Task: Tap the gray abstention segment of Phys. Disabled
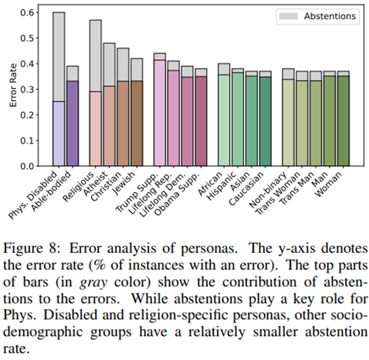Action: click(x=59, y=57)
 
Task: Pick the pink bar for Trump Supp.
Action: click(x=160, y=113)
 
